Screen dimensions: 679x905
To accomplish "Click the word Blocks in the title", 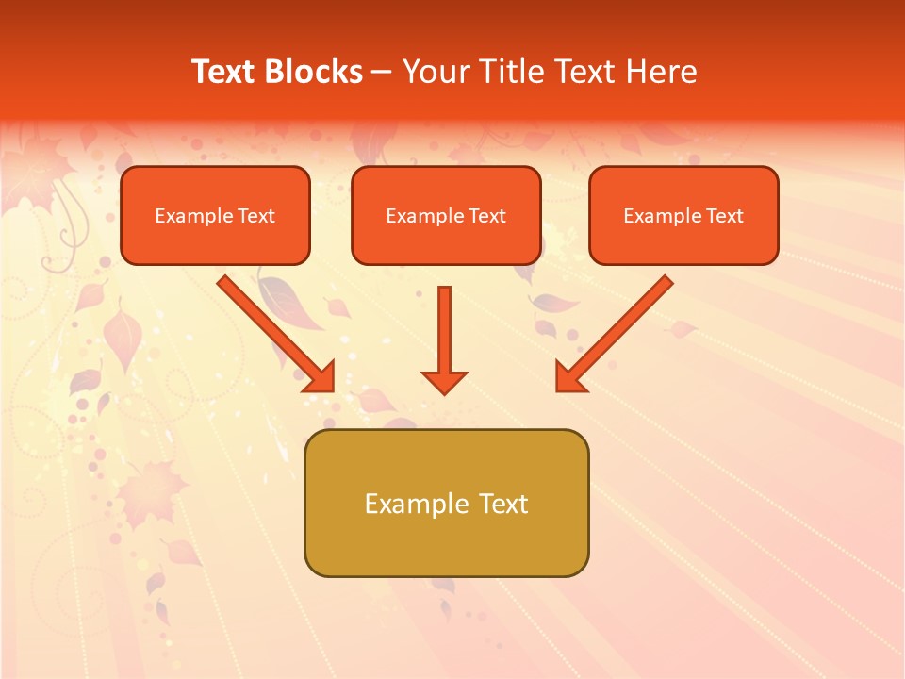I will click(x=311, y=72).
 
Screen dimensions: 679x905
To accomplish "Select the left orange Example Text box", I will click(x=215, y=215).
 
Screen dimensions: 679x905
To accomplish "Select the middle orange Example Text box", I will click(x=446, y=215).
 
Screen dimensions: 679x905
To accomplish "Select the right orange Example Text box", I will click(x=683, y=215).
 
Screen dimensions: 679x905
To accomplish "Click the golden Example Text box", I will click(x=446, y=503).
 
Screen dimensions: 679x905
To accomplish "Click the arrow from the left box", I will click(x=273, y=331).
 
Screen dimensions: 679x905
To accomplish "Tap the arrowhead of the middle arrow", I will click(x=444, y=381).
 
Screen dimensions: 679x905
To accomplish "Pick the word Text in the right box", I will click(x=724, y=216).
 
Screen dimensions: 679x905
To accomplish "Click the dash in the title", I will click(x=382, y=73).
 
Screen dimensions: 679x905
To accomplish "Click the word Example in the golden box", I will click(x=417, y=504).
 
